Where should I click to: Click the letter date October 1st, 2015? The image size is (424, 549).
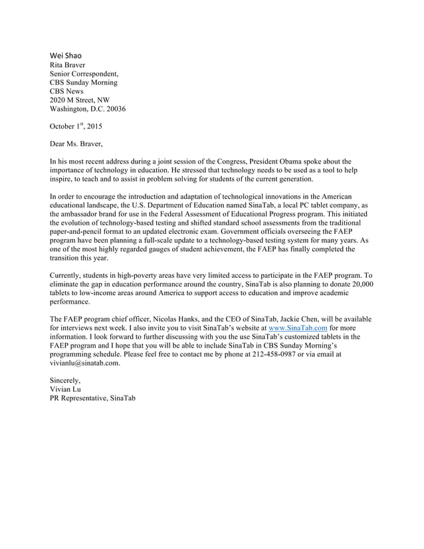tap(76, 126)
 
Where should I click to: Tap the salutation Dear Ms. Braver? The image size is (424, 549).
tap(77, 143)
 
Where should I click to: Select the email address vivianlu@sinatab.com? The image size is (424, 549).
tap(85, 363)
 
